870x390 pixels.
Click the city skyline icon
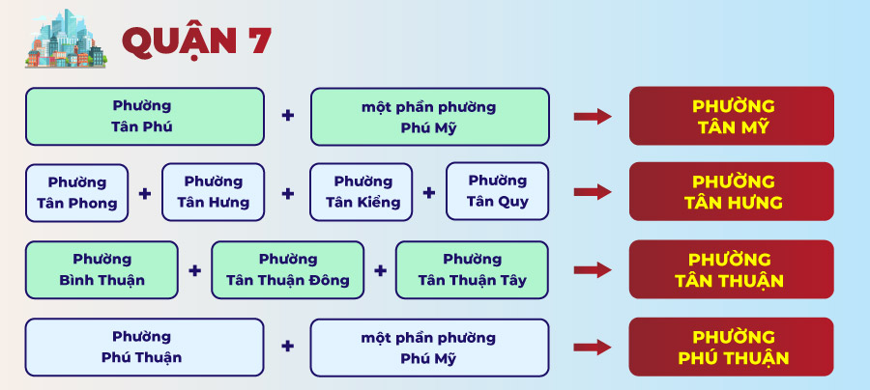click(x=66, y=39)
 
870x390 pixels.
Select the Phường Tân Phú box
click(x=145, y=117)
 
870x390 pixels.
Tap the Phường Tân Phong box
click(x=77, y=193)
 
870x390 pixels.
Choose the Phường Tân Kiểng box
click(x=362, y=192)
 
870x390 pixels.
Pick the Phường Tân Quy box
click(x=497, y=191)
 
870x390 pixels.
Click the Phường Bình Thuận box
click(x=101, y=269)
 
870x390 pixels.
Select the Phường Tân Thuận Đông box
click(x=287, y=269)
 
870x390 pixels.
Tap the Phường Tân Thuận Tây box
click(x=472, y=269)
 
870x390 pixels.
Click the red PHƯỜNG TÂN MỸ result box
click(x=732, y=116)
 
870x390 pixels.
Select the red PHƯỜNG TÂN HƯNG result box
click(x=732, y=192)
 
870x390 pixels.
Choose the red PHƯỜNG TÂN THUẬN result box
click(x=732, y=269)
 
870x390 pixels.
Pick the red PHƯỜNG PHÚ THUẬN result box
click(x=732, y=347)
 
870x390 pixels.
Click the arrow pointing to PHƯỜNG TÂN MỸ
click(x=593, y=117)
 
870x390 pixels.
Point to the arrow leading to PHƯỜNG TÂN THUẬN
click(x=593, y=269)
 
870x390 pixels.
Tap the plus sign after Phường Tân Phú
click(x=287, y=116)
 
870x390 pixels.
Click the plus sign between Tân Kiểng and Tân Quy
click(x=429, y=192)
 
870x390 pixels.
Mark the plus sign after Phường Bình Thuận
click(x=194, y=270)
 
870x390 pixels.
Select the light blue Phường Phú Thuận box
click(x=145, y=348)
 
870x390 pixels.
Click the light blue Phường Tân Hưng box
click(x=213, y=192)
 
